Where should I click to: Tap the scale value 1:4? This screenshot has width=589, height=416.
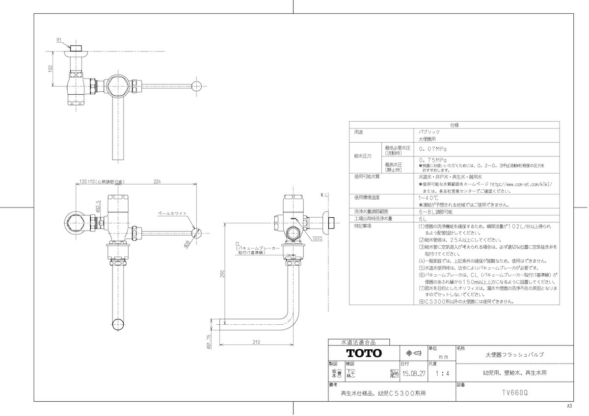coord(441,373)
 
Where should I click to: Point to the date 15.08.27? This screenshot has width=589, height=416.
coord(414,373)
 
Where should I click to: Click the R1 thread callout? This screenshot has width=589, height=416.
coord(58,40)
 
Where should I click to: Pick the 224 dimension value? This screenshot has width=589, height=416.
coord(157,182)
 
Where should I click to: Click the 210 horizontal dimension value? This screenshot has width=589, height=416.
coord(256,342)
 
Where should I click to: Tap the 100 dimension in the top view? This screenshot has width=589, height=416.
coord(51,69)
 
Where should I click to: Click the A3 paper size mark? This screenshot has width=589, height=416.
coord(570,406)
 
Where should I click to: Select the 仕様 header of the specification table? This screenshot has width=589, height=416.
coord(455,125)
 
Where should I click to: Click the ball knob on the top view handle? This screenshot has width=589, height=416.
coord(196,86)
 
